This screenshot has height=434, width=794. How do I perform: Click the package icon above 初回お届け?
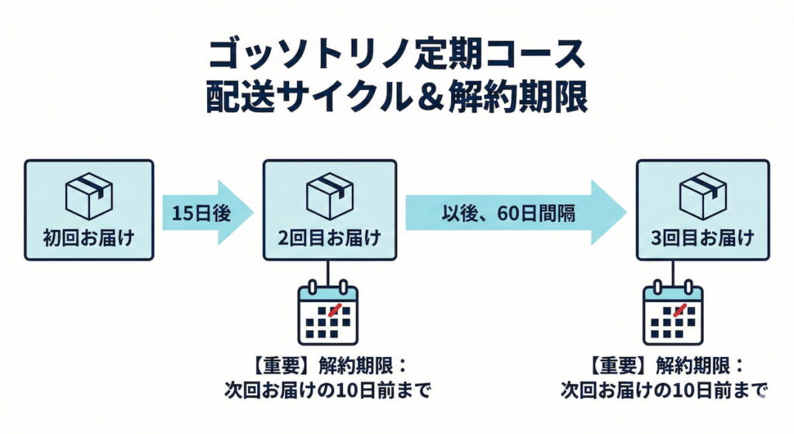(88, 196)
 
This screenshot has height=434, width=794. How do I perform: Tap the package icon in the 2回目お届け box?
(330, 196)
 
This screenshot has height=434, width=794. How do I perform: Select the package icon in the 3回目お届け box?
(703, 196)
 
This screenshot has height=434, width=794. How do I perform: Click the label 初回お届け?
(88, 238)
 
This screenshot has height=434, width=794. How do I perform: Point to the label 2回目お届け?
(330, 238)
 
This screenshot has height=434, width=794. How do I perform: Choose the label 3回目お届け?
(703, 238)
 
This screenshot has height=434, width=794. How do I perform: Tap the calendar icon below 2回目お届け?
(328, 314)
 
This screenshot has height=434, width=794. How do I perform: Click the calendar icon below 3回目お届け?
(673, 314)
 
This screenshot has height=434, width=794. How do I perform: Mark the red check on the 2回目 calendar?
(335, 310)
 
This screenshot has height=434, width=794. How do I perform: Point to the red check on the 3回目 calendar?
(680, 310)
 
